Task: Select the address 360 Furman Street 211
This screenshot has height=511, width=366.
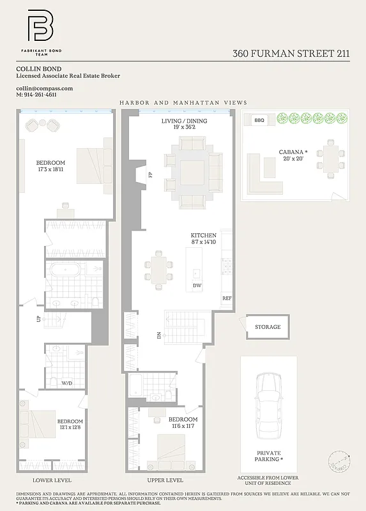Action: [x=291, y=54]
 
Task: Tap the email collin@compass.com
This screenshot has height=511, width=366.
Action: [x=45, y=88]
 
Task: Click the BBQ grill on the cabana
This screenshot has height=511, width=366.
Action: [x=259, y=119]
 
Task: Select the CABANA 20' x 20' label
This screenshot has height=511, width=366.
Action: [x=293, y=155]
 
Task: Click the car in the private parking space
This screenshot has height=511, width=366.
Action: [x=269, y=406]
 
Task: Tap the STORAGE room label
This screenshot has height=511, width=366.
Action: [x=268, y=327]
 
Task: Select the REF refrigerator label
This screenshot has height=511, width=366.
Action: [x=226, y=298]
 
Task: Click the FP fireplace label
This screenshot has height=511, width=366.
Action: [x=151, y=174]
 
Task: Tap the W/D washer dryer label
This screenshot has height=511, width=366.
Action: [x=66, y=383]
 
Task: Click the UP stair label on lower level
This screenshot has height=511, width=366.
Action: [x=38, y=317]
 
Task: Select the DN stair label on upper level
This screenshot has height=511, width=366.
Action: [x=159, y=334]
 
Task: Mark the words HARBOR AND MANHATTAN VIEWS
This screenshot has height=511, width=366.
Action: [x=183, y=103]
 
